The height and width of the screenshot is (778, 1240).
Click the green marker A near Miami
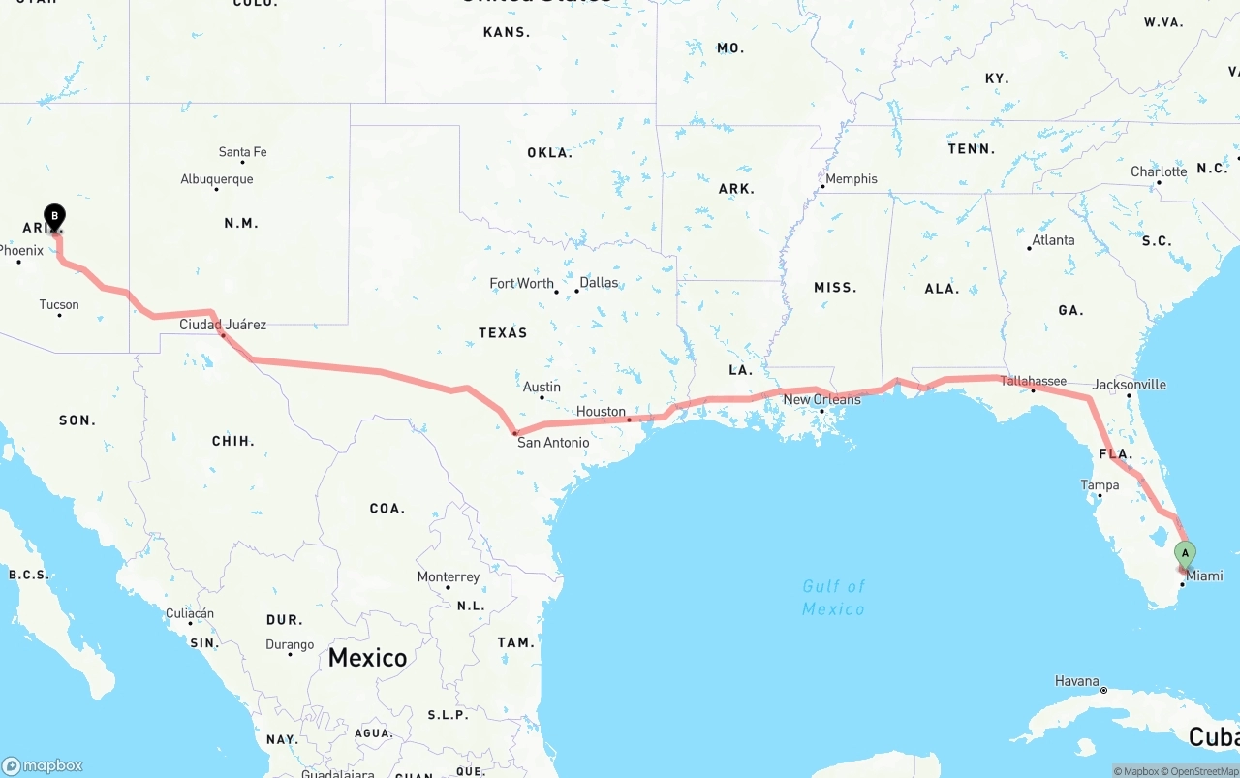(1184, 553)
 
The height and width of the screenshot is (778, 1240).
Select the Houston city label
(601, 412)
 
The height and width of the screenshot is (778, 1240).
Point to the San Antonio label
(553, 443)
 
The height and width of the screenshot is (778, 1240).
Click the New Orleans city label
(821, 399)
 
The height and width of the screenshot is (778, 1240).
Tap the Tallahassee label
(1033, 381)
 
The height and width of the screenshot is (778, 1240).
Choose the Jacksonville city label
(1130, 385)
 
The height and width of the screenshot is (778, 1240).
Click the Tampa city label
(1100, 485)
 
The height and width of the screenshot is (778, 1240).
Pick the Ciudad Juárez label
(223, 325)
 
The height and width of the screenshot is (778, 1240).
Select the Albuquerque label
(217, 179)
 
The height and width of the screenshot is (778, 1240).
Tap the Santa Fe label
(242, 152)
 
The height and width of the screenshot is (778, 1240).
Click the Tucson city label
(59, 305)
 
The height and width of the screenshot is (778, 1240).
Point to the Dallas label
(599, 283)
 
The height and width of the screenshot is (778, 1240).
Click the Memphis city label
(852, 179)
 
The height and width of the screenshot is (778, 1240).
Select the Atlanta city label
(1053, 240)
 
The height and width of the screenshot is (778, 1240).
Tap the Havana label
(1077, 681)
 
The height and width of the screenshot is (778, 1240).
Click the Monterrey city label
(449, 577)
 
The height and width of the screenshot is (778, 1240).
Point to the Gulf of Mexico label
(833, 598)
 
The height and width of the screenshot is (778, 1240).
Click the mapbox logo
(43, 765)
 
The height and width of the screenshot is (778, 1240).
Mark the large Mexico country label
(367, 658)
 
